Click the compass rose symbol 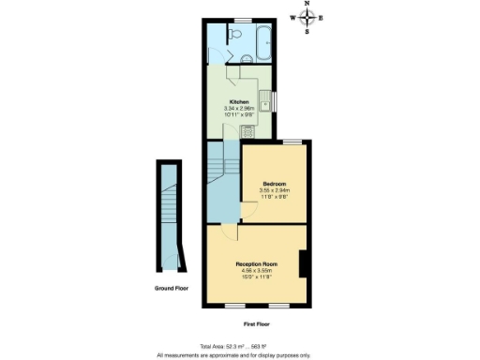click(x=307, y=17)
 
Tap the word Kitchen click(x=239, y=101)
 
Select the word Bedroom click(x=274, y=183)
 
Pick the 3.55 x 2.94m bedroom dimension click(x=274, y=190)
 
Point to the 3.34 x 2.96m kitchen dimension click(x=239, y=108)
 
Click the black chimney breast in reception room click(x=302, y=264)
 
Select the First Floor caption click(x=256, y=322)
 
